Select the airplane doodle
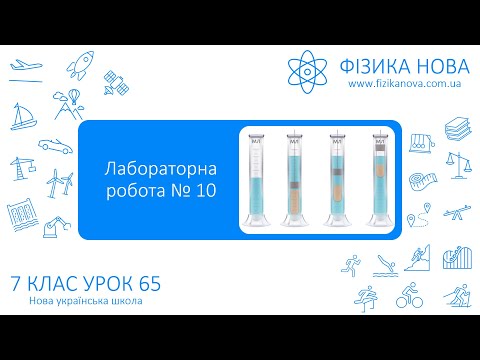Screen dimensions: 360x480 pos(23,67)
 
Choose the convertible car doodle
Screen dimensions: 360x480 pos(67,134)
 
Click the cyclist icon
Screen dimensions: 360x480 pos(407,296)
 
